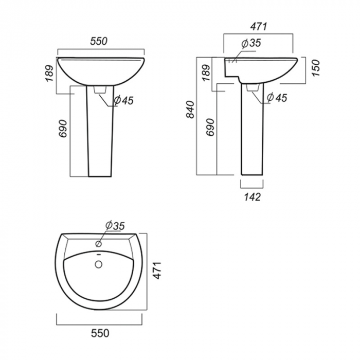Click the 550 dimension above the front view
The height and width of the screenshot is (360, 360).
click(x=99, y=41)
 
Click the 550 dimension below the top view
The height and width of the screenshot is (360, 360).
click(x=100, y=333)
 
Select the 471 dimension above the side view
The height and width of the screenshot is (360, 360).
click(x=259, y=27)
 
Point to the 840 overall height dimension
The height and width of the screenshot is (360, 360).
click(x=190, y=110)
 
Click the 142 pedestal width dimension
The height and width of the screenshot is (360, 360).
click(x=253, y=197)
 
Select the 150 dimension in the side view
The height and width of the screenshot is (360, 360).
click(x=316, y=68)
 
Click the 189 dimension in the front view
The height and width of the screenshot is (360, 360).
click(x=49, y=74)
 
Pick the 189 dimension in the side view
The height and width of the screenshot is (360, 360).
click(x=206, y=73)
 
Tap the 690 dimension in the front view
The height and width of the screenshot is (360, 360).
click(x=63, y=129)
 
